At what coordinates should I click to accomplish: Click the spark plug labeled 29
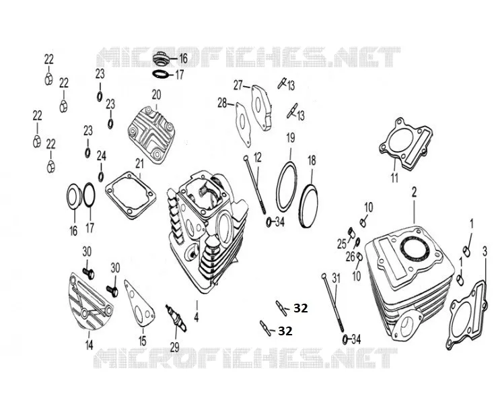tap(176, 318)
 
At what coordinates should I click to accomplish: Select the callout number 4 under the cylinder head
tap(197, 317)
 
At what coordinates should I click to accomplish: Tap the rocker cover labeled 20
tap(151, 135)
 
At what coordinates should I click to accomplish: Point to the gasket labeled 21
tap(131, 195)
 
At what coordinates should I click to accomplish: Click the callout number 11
tap(394, 178)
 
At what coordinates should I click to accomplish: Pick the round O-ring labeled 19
tap(287, 187)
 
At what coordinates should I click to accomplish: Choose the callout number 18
tap(312, 161)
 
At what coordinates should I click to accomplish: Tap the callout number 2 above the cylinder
tap(414, 192)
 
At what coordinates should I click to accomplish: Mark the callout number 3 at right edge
tap(485, 252)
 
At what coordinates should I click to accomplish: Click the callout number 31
tap(337, 278)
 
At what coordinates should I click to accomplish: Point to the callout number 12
tap(257, 158)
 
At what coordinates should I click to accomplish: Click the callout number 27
tap(238, 85)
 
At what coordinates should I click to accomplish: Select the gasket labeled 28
tap(244, 125)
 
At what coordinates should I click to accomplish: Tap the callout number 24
tap(102, 156)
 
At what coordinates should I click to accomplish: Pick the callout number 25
tap(342, 244)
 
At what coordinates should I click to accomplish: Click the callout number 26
tap(351, 257)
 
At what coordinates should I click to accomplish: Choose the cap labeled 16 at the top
tap(162, 59)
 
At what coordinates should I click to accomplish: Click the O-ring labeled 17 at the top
tap(162, 74)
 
